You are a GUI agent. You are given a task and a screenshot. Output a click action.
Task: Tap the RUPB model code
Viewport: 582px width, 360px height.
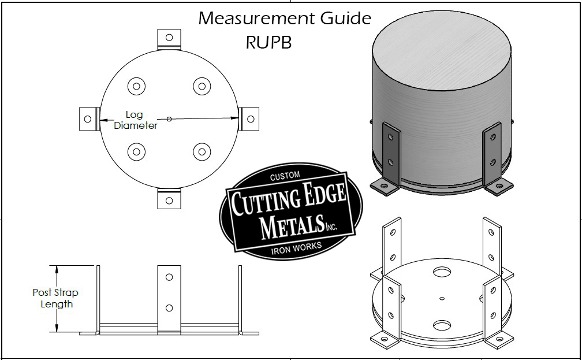coord(268,43)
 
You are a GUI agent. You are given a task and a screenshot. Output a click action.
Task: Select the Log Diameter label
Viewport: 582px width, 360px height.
coord(135,120)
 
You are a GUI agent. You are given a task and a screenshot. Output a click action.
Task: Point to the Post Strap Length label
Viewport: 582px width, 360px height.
coord(55,298)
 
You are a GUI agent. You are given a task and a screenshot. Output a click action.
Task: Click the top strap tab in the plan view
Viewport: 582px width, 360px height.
coord(169,38)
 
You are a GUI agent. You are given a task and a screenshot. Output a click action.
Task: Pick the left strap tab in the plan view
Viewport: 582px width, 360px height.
coord(87,119)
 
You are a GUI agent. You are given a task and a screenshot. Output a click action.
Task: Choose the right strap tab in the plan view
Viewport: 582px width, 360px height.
coord(249,118)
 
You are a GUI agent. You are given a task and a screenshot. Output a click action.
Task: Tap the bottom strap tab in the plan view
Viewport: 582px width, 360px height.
coord(169,199)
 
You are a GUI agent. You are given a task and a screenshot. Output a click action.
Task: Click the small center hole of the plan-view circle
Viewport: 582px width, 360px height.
coord(169,119)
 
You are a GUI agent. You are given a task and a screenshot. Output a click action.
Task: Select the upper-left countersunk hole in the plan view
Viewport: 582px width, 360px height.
coord(136,87)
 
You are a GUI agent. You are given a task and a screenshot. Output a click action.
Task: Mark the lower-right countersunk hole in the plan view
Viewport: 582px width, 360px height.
coord(201,152)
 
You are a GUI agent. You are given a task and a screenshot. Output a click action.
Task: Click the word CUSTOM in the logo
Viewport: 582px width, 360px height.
coord(287,176)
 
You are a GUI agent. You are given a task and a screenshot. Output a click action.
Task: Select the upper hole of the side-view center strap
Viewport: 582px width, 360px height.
coord(169,277)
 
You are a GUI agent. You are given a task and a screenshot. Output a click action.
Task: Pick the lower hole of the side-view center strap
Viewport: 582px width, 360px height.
coord(169,308)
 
